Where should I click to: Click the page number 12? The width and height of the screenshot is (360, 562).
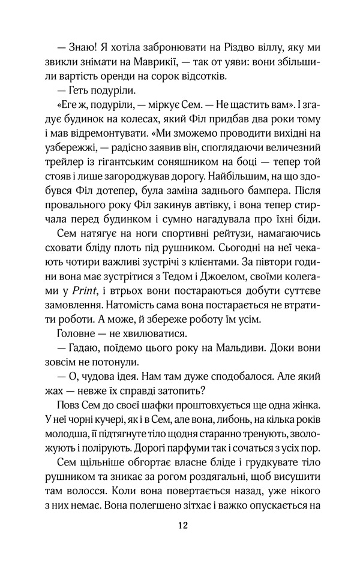184,525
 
